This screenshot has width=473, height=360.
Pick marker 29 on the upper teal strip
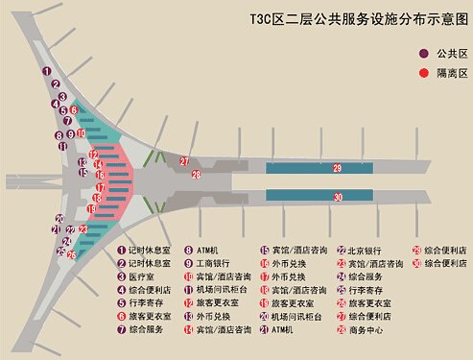338,168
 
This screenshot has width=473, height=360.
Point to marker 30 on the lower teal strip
338,197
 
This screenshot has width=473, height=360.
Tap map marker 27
184,162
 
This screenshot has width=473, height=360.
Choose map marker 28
196,175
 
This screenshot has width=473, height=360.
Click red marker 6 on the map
72,110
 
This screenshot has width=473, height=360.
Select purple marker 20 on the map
59,219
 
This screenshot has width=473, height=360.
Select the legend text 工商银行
218,262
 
